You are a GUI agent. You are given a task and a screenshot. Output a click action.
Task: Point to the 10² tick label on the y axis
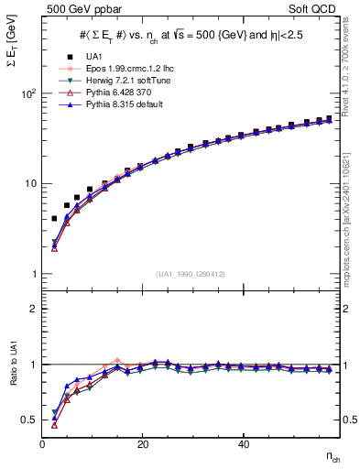pos(28,93)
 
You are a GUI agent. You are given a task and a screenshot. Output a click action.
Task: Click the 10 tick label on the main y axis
pos(29,183)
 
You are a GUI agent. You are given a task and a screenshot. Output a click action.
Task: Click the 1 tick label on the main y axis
pos(33,274)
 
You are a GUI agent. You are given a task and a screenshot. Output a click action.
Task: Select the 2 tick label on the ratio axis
pos(33,309)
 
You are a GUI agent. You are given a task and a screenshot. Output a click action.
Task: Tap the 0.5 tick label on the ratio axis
pos(29,420)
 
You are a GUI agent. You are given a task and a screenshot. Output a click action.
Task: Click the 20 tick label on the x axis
pos(143,444)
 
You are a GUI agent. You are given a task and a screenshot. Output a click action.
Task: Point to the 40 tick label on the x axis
pos(243,444)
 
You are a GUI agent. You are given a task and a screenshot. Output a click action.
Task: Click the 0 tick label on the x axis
pos(43,444)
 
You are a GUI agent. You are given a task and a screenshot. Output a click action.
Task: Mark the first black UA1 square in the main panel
pos(54,219)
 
